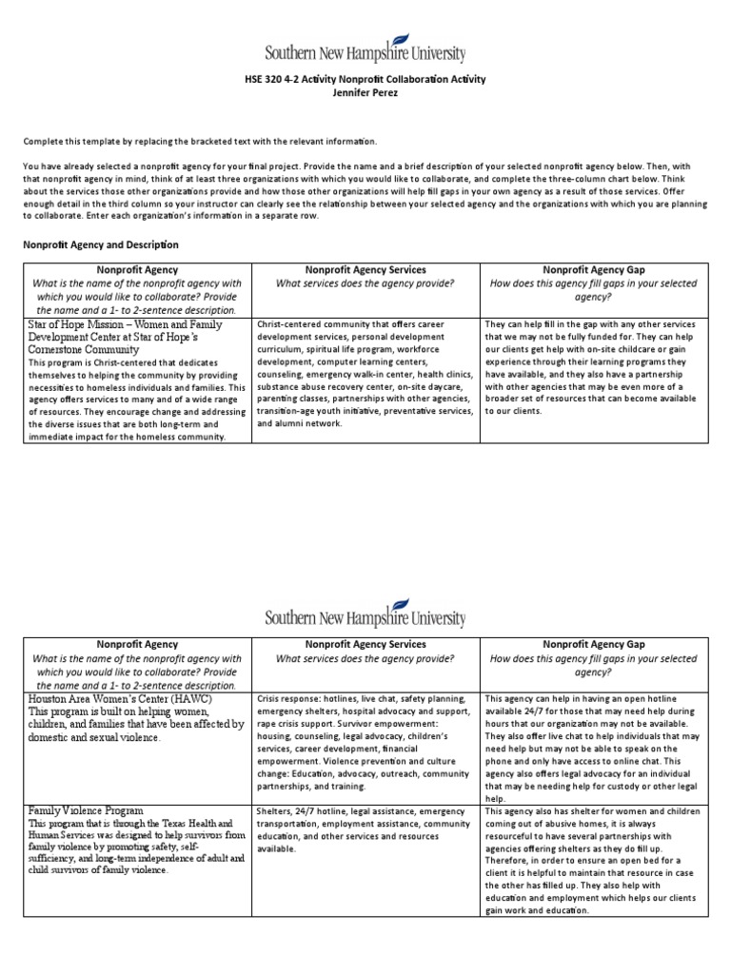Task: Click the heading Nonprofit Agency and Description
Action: [100, 244]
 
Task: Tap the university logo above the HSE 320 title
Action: [365, 49]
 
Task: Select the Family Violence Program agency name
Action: [86, 809]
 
